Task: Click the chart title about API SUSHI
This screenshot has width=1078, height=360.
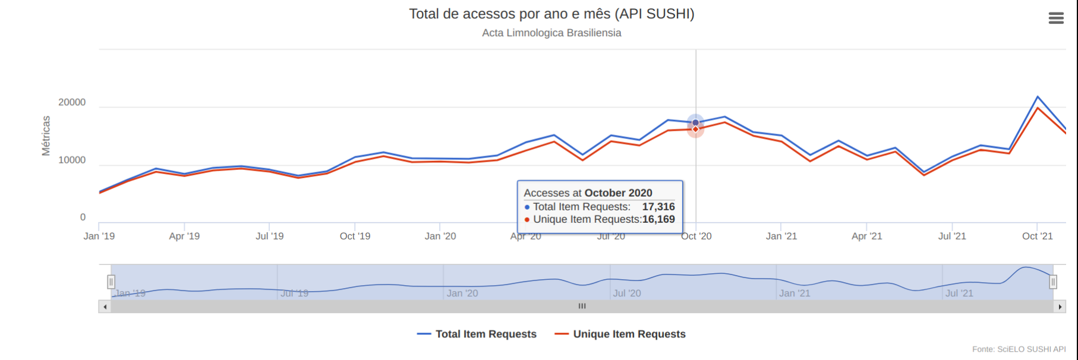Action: coord(551,14)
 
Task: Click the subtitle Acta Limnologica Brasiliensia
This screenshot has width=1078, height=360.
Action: coord(551,33)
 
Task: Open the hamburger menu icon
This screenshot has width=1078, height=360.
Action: coord(1056,18)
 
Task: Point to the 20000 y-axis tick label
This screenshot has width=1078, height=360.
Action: coord(72,102)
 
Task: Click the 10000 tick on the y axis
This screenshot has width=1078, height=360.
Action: coord(72,160)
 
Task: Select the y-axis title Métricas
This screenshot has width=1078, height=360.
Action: coord(46,135)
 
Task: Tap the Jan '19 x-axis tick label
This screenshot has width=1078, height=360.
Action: coord(99,236)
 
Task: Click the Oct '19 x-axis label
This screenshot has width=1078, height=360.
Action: coord(355,236)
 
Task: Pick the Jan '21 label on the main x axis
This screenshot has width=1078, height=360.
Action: coord(781,236)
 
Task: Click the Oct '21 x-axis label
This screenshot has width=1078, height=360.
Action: coord(1037,236)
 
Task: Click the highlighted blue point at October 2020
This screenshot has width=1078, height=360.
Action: coord(696,122)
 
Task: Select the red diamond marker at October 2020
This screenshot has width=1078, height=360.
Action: coord(696,130)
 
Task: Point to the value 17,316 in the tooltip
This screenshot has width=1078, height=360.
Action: coord(658,207)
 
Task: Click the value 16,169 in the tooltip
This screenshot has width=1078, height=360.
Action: coord(658,219)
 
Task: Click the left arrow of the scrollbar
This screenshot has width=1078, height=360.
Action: coord(105,307)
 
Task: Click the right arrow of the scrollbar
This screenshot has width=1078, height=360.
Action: coord(1060,307)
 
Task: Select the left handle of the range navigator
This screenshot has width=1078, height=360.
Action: coord(111,282)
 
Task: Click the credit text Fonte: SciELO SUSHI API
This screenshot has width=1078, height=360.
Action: coord(1019,349)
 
